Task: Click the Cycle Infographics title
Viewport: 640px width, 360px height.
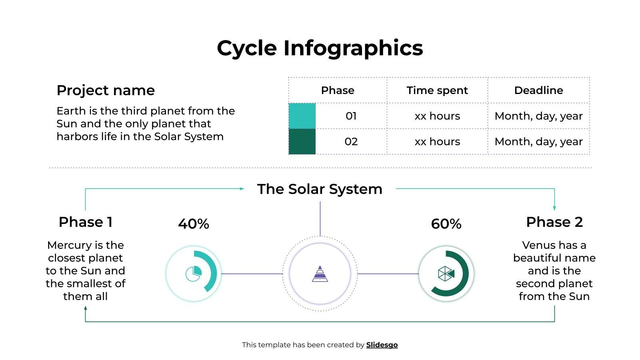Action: (320, 48)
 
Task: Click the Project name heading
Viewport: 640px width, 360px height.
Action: (106, 90)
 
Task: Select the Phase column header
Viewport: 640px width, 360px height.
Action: (337, 90)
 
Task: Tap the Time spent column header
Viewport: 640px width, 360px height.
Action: (437, 90)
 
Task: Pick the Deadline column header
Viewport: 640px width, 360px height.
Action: (538, 90)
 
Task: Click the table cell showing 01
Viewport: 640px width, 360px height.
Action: (351, 116)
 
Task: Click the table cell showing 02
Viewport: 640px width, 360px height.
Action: (351, 142)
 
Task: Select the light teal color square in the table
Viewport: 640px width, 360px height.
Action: (302, 116)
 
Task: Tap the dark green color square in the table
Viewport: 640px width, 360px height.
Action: (302, 142)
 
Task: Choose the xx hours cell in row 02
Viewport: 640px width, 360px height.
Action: (437, 142)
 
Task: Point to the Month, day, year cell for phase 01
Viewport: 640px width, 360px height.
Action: (538, 116)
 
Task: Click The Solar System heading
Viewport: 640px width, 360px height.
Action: (320, 189)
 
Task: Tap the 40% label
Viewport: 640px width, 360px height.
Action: (194, 224)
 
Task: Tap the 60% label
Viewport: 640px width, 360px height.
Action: (446, 224)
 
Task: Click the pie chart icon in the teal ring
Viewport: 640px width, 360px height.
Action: (193, 274)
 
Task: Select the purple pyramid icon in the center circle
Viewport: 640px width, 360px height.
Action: (320, 274)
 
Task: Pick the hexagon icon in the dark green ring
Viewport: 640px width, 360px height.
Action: (446, 274)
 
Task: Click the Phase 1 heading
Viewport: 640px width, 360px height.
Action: (86, 222)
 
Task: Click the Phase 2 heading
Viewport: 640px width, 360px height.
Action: (554, 222)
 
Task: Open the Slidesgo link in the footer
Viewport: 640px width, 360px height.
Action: (382, 345)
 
